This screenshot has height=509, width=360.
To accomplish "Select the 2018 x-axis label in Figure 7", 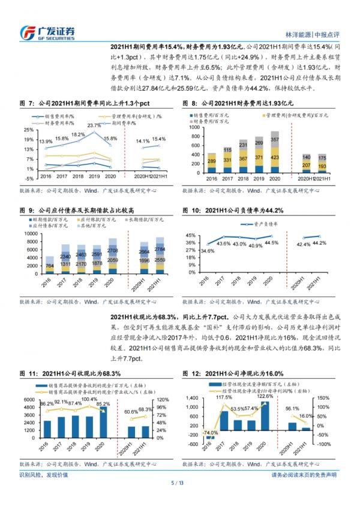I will (77, 178).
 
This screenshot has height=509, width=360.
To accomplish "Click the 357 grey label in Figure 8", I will (257, 139).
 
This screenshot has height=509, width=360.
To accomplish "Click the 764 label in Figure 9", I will (50, 266).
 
